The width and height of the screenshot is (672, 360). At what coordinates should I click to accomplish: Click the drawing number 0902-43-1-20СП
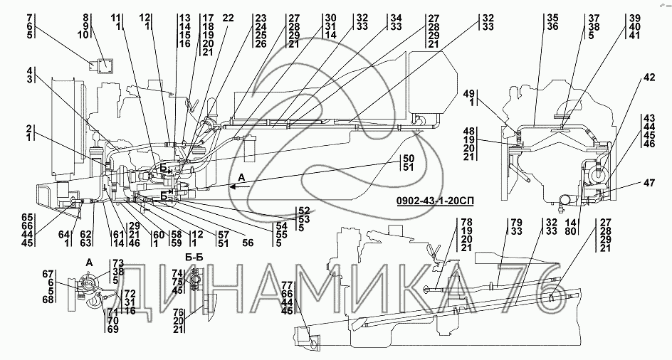[434, 200]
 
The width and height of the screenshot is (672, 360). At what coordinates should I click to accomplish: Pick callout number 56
[248, 242]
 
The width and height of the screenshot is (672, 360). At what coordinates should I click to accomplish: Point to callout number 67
[48, 274]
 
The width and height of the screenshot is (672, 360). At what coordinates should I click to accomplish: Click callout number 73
[117, 263]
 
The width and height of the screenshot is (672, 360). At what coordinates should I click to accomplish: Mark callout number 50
[409, 157]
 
